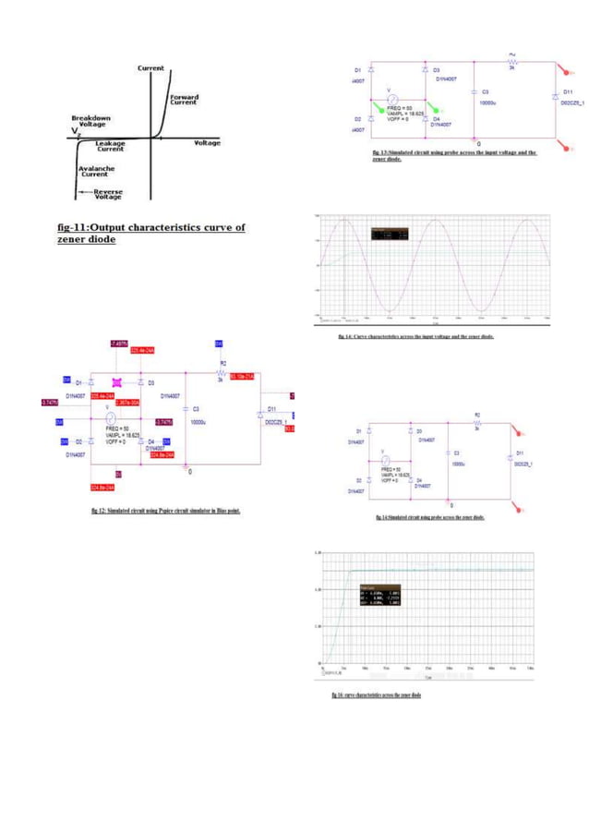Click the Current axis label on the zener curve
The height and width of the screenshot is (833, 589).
[151, 68]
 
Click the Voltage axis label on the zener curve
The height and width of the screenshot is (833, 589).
[207, 143]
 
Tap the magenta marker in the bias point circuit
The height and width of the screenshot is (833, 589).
[117, 381]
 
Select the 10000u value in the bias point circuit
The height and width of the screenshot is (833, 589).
[198, 421]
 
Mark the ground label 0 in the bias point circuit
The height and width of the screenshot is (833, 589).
[190, 472]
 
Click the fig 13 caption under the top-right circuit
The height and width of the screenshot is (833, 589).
[453, 155]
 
